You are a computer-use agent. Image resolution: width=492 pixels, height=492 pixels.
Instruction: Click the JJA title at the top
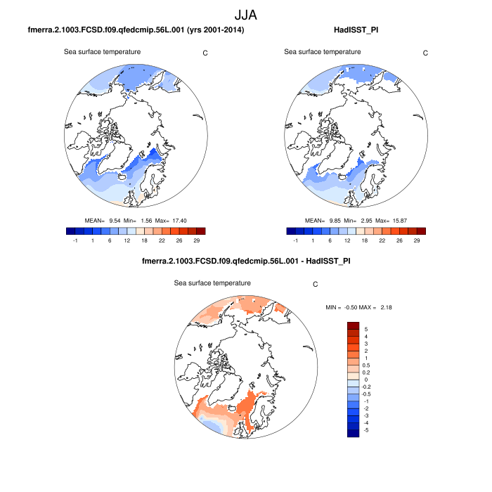click(245, 13)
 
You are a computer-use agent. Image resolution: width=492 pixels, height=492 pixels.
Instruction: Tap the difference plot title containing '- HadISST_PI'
click(246, 261)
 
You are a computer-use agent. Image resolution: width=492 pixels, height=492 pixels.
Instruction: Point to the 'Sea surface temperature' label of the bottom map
click(212, 283)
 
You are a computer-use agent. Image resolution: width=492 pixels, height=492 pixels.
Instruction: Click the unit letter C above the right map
click(425, 53)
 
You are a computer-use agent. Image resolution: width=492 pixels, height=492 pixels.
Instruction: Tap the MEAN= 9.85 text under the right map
click(319, 220)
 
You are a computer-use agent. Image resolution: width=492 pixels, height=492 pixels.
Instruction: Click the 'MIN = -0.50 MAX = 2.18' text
click(356, 308)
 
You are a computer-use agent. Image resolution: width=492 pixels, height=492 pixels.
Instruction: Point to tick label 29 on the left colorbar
click(200, 240)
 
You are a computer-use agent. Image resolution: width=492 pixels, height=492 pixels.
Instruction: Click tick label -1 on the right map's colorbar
click(296, 240)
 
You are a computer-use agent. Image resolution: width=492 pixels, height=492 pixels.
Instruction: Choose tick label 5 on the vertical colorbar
click(365, 329)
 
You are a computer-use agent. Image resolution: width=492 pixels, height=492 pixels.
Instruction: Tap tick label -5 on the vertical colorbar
click(367, 429)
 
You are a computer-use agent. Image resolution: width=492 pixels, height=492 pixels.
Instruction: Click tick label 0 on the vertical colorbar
click(365, 380)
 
